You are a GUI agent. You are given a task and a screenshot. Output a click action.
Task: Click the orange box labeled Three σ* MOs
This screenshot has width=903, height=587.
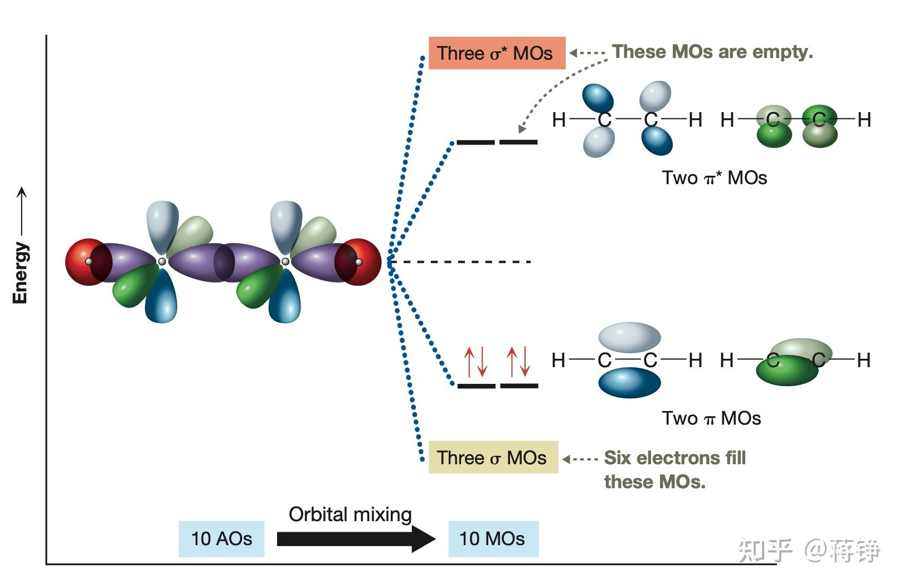point(497,53)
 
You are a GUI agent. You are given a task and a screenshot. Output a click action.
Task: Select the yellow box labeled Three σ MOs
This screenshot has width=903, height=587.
point(493,457)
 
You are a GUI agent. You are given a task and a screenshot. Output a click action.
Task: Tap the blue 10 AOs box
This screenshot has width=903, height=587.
point(221,539)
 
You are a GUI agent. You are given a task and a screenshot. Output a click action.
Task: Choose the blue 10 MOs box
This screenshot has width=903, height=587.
point(493,539)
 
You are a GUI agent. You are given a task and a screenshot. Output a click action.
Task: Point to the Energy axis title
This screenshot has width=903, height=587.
point(20,273)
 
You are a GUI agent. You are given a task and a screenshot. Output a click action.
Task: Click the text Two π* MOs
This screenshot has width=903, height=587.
point(715,178)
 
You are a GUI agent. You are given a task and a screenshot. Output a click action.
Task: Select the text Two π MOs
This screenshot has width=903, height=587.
point(711,418)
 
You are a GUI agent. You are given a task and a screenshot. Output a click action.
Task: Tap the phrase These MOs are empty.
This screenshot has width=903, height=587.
point(712,52)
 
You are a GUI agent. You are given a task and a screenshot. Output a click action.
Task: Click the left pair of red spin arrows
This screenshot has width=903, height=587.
point(475,362)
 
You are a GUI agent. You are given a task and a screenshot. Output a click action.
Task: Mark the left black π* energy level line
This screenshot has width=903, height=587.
point(475,142)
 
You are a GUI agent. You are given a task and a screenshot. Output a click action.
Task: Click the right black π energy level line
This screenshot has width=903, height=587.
point(520,386)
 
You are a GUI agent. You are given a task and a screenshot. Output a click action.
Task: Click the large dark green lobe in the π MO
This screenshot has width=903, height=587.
point(787,371)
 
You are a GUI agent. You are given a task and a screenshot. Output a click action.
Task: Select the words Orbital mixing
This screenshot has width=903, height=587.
point(350,515)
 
